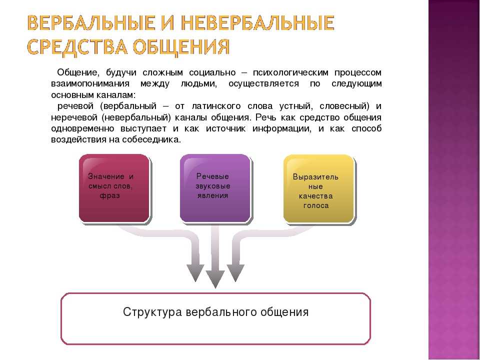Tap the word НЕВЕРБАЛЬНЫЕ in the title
[257, 22]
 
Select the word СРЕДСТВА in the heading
[77, 47]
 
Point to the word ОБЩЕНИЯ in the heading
[181, 47]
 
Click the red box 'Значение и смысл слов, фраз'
[114, 188]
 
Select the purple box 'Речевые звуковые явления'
[215, 188]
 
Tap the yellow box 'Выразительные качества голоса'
[318, 189]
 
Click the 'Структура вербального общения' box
[216, 318]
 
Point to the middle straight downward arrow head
[215, 279]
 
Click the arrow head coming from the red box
[195, 273]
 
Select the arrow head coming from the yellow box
[235, 273]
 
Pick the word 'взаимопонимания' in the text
[90, 84]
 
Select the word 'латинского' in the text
[216, 106]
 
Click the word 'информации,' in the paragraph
[282, 128]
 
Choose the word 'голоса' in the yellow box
[316, 205]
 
